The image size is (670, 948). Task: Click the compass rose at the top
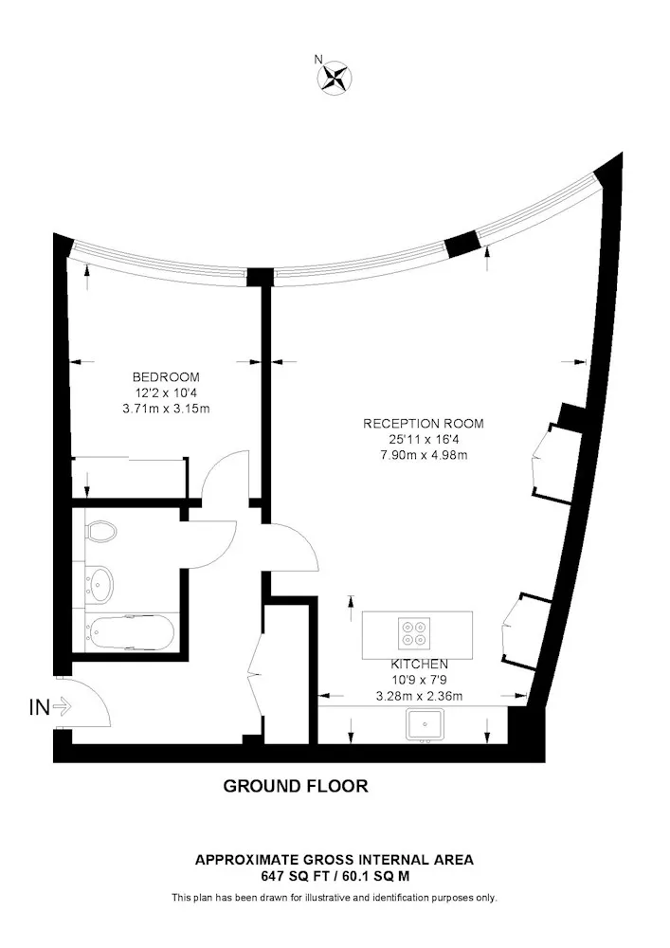[335, 78]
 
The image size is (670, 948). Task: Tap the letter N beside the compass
[318, 59]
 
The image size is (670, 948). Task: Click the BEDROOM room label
[166, 377]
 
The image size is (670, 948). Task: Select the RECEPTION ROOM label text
[423, 424]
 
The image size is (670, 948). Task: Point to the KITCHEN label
[419, 665]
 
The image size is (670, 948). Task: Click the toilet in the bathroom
[100, 531]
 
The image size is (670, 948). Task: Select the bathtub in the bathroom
[130, 633]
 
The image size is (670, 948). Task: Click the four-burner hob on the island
[414, 633]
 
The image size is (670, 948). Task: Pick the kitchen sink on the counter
[426, 724]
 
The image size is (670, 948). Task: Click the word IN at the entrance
[39, 707]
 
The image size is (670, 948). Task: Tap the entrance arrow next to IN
[63, 705]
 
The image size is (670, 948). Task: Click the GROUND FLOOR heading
[296, 786]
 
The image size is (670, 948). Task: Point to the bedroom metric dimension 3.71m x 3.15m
[166, 409]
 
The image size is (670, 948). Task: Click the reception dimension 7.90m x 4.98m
[424, 455]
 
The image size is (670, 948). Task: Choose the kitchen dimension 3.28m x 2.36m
[419, 696]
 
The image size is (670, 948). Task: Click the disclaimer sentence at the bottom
[335, 898]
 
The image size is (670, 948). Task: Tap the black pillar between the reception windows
[462, 243]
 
